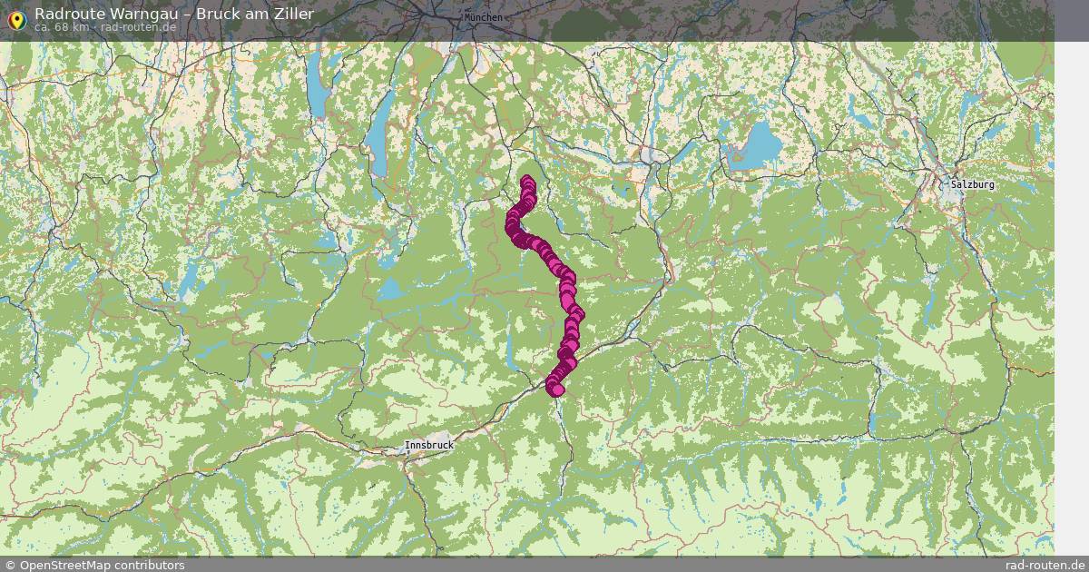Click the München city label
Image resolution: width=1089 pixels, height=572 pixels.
coord(482,17)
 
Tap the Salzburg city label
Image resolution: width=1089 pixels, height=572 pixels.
coord(973,184)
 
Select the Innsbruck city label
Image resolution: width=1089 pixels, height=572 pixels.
coord(428,446)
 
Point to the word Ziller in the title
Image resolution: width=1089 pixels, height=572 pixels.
coord(293,14)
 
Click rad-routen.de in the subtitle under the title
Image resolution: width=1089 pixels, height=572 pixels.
coord(138,27)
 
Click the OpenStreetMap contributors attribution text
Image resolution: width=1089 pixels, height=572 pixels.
coord(94,565)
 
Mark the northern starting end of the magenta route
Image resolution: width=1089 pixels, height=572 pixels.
coord(527,181)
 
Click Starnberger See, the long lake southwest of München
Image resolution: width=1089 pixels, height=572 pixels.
coord(379,136)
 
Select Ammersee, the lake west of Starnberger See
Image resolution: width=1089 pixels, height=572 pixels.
coord(319,87)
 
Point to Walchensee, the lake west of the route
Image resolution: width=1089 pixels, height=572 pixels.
coord(391,289)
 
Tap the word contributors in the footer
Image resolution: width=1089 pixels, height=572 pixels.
coord(146,565)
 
